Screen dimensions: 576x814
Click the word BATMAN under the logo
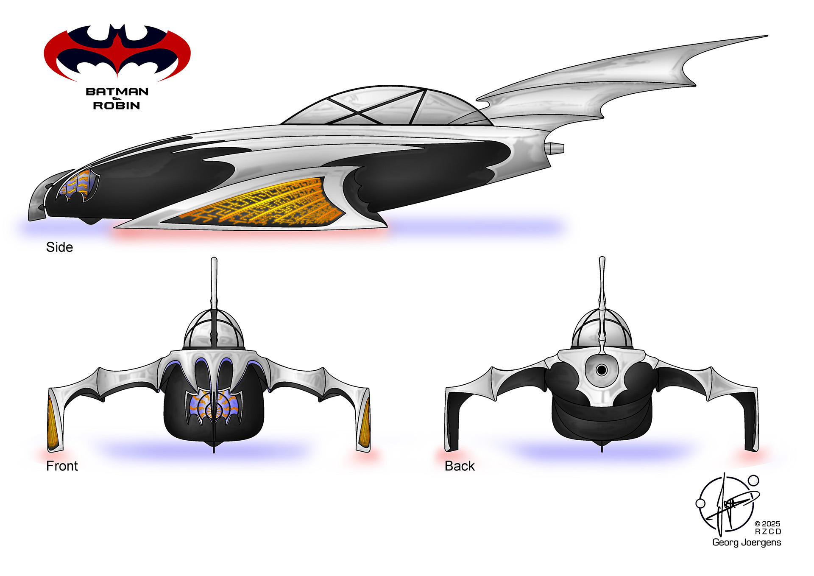[117, 92]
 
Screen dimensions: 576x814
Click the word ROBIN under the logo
[117, 105]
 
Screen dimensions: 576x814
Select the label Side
[59, 247]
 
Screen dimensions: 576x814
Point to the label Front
[62, 466]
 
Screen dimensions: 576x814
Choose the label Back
[460, 466]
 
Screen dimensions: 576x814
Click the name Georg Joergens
[746, 542]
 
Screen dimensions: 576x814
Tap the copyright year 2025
[771, 524]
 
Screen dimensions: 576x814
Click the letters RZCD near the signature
[768, 532]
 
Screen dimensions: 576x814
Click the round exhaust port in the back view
[601, 370]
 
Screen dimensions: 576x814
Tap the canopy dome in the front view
[214, 331]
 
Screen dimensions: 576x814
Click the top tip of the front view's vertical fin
[214, 260]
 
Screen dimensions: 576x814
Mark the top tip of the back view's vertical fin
[602, 259]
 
